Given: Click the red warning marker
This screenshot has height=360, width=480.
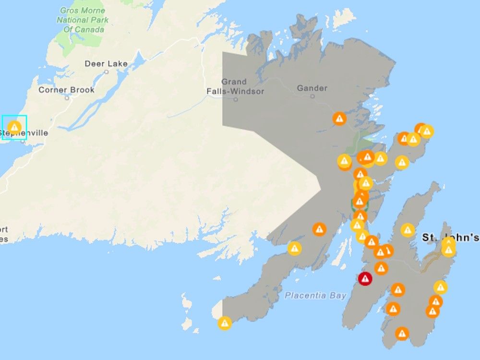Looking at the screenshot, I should pos(365,278).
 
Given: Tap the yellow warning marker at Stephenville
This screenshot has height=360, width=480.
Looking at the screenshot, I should pos(14,127).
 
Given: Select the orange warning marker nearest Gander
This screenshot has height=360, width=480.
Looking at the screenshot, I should pos(339,118).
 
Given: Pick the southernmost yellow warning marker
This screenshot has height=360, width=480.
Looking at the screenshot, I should pos(224,323).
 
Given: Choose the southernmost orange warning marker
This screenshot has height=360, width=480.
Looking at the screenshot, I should pos(402,333).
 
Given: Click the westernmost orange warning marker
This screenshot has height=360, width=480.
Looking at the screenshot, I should pos(319,229).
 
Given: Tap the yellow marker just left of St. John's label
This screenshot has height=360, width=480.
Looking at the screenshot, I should pos(408,230).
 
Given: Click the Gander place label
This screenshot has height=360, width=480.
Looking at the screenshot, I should pos(312,88).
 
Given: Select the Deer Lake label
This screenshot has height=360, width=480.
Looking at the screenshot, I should pos(106,63).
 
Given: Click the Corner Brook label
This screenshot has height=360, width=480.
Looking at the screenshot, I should pos(66,90).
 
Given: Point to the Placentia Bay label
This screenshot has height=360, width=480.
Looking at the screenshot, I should pos(315,296).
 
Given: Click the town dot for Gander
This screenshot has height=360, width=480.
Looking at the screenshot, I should pos(312,96).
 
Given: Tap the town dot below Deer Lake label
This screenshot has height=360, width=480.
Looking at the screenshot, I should pos(106,72).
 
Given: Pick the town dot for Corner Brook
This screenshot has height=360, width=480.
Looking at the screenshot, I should pos(67,98).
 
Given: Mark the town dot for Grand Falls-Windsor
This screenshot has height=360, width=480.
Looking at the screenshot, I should pos(236,100).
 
